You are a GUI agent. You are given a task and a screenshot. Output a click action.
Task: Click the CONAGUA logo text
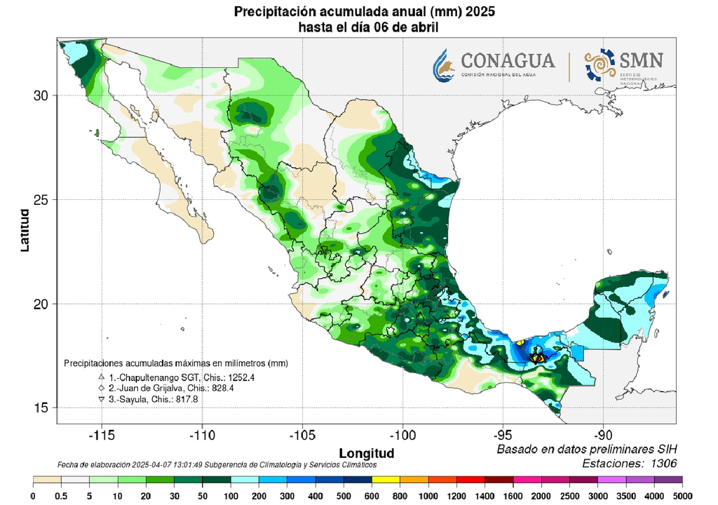508,60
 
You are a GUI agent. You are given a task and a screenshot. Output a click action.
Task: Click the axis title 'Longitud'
366,452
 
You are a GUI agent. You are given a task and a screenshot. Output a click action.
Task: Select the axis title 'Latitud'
25,230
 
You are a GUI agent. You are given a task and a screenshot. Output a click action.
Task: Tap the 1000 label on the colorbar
429,496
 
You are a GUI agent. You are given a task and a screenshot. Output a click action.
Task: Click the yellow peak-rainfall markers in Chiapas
537,357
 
